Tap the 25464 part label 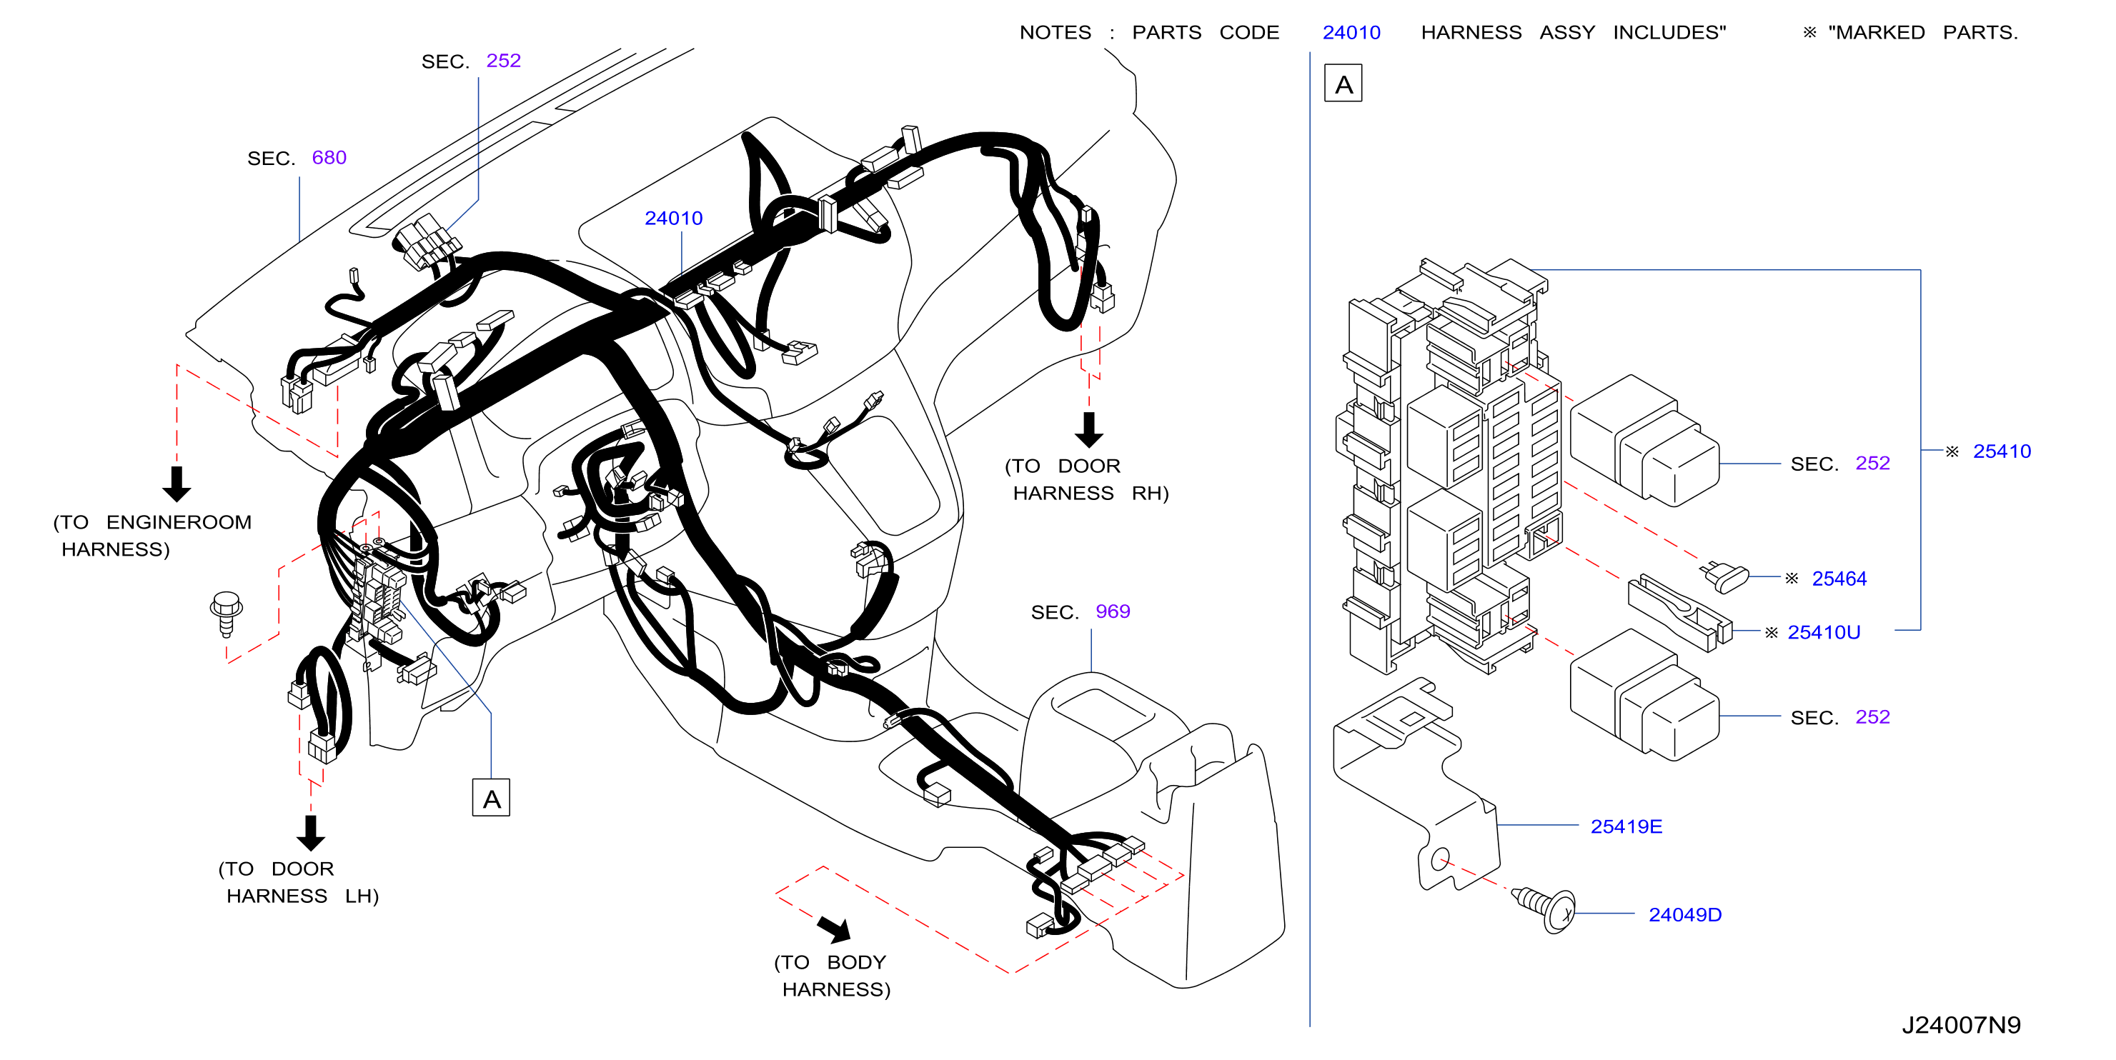tap(1839, 578)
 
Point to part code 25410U tap(1824, 631)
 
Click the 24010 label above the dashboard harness tap(674, 218)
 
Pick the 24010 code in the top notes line tap(1351, 32)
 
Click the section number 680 tap(329, 157)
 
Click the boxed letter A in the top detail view tap(1343, 83)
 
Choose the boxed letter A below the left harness tap(491, 797)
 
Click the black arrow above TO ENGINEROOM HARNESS tap(177, 484)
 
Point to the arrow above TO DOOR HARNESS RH tap(1089, 429)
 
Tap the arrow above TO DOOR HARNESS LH tap(310, 833)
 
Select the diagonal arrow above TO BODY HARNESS tap(835, 929)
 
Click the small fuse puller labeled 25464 tap(1724, 576)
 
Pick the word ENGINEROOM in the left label tap(179, 521)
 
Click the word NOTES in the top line tap(1055, 32)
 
